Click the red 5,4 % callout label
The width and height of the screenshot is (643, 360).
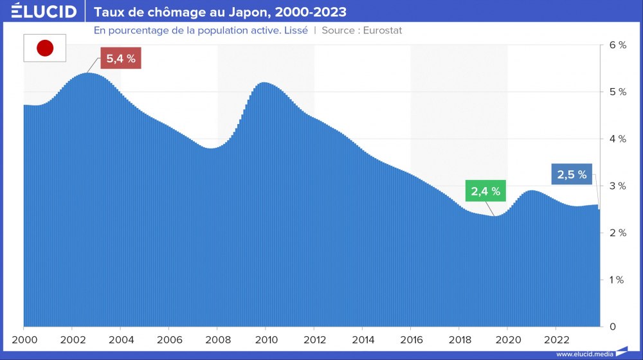(x=120, y=58)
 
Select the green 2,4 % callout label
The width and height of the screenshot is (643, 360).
(x=485, y=191)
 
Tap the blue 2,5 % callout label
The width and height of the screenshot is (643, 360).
(x=572, y=174)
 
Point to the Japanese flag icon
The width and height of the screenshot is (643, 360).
(x=45, y=48)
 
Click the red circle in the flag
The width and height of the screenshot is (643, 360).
(x=45, y=48)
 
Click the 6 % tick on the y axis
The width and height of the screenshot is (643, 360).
(x=617, y=45)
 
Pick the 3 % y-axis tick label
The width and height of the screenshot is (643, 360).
(x=617, y=186)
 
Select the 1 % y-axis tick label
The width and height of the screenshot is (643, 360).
(x=617, y=280)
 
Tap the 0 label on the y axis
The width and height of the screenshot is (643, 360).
(x=613, y=327)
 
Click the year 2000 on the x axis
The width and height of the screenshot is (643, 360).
(x=24, y=339)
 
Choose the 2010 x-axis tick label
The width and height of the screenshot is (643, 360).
(x=266, y=339)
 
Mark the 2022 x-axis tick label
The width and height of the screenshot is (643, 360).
(x=556, y=339)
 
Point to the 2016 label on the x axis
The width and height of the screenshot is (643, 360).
(x=411, y=339)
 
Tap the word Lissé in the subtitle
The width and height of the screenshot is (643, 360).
(x=293, y=30)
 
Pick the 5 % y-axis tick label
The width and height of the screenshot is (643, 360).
(x=617, y=92)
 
